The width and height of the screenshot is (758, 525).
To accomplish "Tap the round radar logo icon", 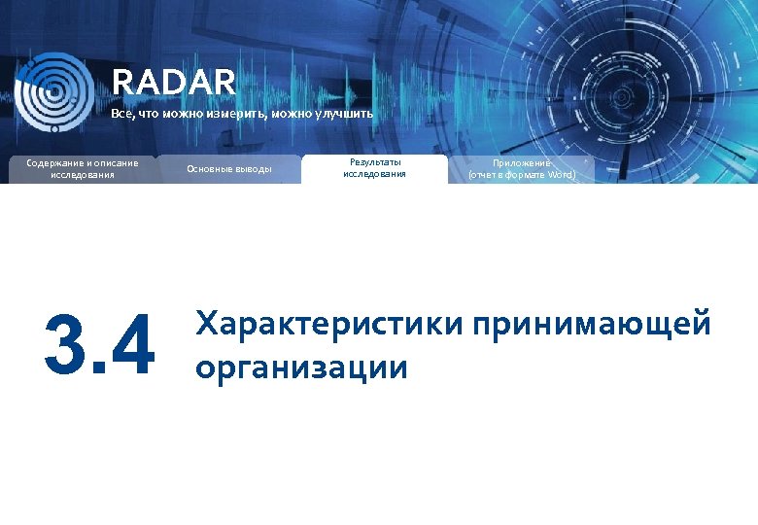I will coord(54,91).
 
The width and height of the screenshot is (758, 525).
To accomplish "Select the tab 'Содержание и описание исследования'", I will coord(83,168).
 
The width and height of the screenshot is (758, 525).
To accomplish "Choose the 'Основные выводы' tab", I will coord(229,169).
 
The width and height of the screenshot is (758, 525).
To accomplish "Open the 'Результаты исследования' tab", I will coord(374,168).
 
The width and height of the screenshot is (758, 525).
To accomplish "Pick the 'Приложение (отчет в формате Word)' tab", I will coord(522,169).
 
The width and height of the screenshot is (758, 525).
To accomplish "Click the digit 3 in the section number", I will coord(66,345).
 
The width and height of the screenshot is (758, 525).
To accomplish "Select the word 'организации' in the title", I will coord(301,367).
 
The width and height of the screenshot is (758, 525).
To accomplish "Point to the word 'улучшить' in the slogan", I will coord(342,115).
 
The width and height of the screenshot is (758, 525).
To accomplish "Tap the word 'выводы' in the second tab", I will coord(253,169).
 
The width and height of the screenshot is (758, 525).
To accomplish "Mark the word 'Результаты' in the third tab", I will coord(374,161).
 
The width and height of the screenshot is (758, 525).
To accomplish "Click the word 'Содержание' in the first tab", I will coord(56,161).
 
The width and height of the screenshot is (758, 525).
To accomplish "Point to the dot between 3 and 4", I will coord(98,367).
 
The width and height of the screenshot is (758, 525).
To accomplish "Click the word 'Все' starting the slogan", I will coord(121,115).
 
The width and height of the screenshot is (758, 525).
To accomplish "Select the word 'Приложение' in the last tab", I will coord(521,162).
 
